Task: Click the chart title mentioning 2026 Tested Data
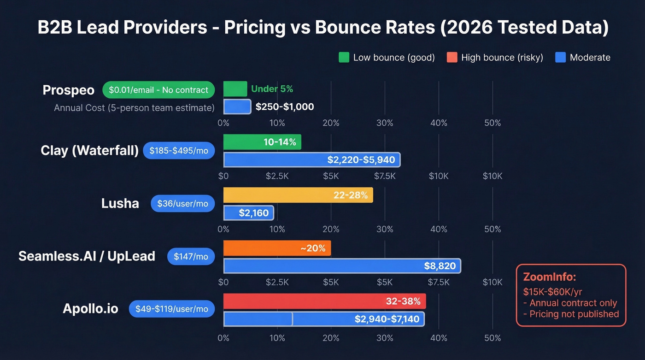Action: [322, 28]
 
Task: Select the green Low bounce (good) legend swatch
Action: [344, 58]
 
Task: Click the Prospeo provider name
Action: [68, 90]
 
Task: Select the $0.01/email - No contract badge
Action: [158, 90]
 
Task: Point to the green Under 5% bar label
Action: [272, 89]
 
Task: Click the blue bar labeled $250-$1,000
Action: [237, 107]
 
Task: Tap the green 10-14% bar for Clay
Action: [262, 142]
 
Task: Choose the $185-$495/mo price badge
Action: [179, 151]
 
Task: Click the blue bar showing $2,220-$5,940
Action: [312, 160]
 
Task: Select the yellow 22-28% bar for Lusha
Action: [298, 195]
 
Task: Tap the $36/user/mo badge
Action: [182, 204]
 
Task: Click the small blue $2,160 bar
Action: [249, 213]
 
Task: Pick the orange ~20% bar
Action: [277, 248]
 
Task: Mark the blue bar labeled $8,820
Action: [342, 266]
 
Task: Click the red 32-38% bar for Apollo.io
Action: [324, 301]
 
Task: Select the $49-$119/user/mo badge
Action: [172, 309]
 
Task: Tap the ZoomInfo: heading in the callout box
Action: [550, 277]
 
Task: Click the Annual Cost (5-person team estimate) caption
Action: [134, 108]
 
